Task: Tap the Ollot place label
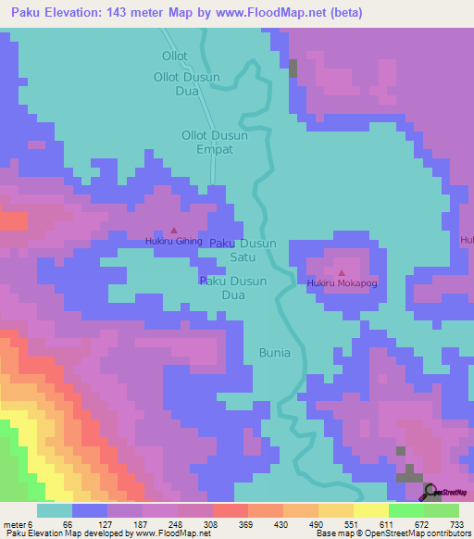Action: pos(174,56)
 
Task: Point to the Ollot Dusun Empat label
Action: pos(214,142)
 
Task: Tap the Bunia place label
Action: pos(274,353)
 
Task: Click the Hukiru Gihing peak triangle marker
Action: pos(173,231)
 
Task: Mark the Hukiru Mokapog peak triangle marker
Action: pos(342,272)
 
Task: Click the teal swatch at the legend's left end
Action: pos(55,510)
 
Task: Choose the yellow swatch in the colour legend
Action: pos(371,510)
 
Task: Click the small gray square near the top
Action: pos(293,68)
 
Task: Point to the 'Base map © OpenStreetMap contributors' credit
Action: pos(391,533)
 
